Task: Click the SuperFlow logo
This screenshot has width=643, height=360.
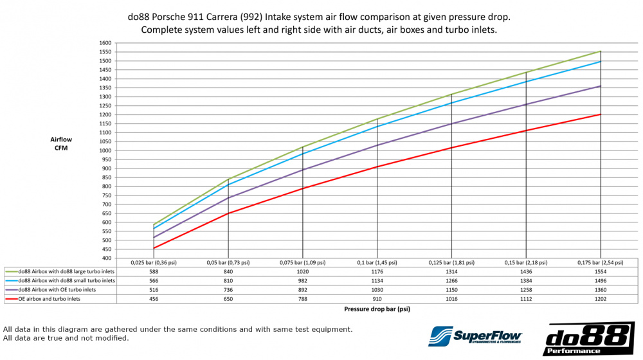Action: [x=475, y=336]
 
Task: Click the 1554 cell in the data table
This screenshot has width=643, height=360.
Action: [x=601, y=271]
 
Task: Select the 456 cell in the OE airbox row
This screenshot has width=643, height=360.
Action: [x=154, y=298]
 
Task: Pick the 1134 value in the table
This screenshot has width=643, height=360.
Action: [x=377, y=280]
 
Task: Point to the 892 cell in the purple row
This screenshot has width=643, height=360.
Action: [x=303, y=289]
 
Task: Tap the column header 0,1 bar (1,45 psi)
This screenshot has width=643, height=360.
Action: [x=377, y=262]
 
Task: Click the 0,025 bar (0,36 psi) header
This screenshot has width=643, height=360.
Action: [x=154, y=262]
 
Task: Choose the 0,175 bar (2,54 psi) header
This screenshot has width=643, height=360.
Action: [x=601, y=262]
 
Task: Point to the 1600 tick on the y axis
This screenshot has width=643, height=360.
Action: [x=105, y=43]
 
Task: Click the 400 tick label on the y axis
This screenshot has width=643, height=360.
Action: [x=106, y=258]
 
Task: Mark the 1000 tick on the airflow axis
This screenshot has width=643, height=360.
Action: [x=105, y=150]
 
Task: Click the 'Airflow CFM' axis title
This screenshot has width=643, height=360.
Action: [x=62, y=143]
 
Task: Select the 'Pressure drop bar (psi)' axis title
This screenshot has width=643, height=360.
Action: [x=377, y=309]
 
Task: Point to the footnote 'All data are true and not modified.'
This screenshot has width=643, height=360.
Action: [x=66, y=338]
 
